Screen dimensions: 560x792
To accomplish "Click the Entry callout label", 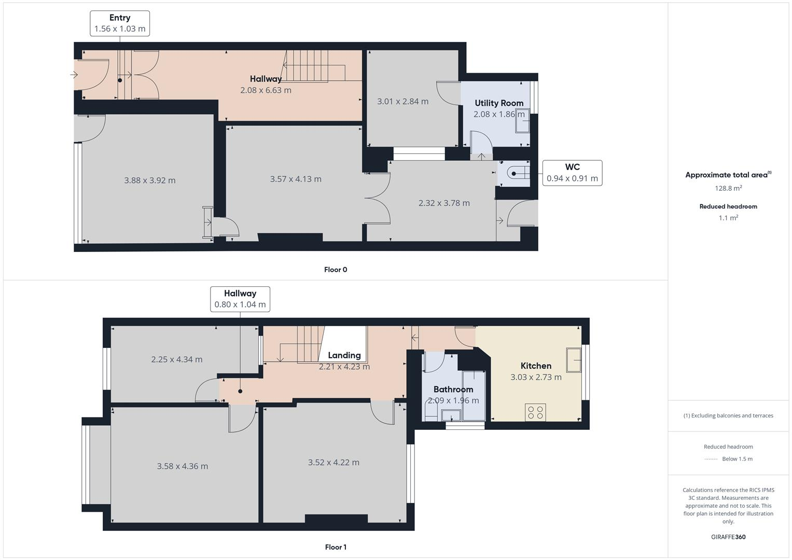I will (120, 23).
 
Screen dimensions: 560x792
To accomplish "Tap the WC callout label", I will (572, 173).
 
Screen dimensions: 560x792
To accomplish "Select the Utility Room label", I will (499, 103).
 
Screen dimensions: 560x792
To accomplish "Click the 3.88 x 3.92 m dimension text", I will (149, 180).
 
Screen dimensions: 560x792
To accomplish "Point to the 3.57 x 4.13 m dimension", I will (296, 179).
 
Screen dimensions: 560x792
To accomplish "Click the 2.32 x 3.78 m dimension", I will (444, 203).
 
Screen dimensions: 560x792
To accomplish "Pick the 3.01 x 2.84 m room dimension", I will (402, 101).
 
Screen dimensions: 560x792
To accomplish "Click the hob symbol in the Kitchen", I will (535, 412).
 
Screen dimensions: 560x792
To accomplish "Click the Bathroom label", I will (453, 389).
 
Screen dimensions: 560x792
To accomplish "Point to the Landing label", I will (344, 355).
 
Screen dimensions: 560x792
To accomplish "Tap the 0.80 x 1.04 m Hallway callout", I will (240, 299).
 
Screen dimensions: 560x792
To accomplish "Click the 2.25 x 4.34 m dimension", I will (177, 359).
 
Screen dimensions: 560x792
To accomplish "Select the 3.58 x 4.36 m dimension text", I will (183, 466).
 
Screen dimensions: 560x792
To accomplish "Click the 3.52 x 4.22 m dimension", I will (334, 463).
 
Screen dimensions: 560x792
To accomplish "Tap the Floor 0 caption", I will (336, 270).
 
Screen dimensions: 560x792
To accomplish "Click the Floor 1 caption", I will (336, 547).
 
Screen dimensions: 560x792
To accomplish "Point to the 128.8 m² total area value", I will (728, 188).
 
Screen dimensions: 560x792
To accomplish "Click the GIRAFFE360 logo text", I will (728, 537).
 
